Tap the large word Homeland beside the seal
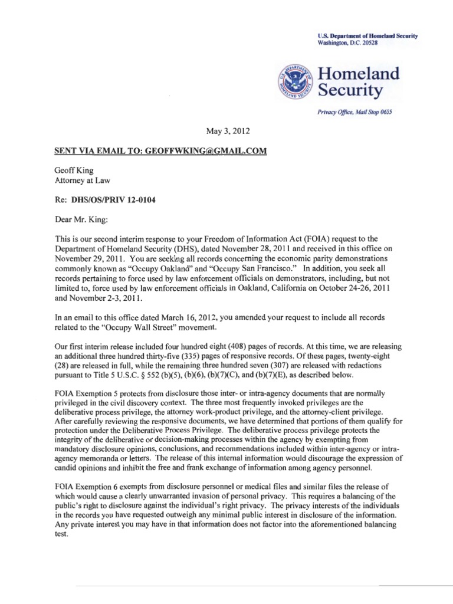point(350,74)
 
